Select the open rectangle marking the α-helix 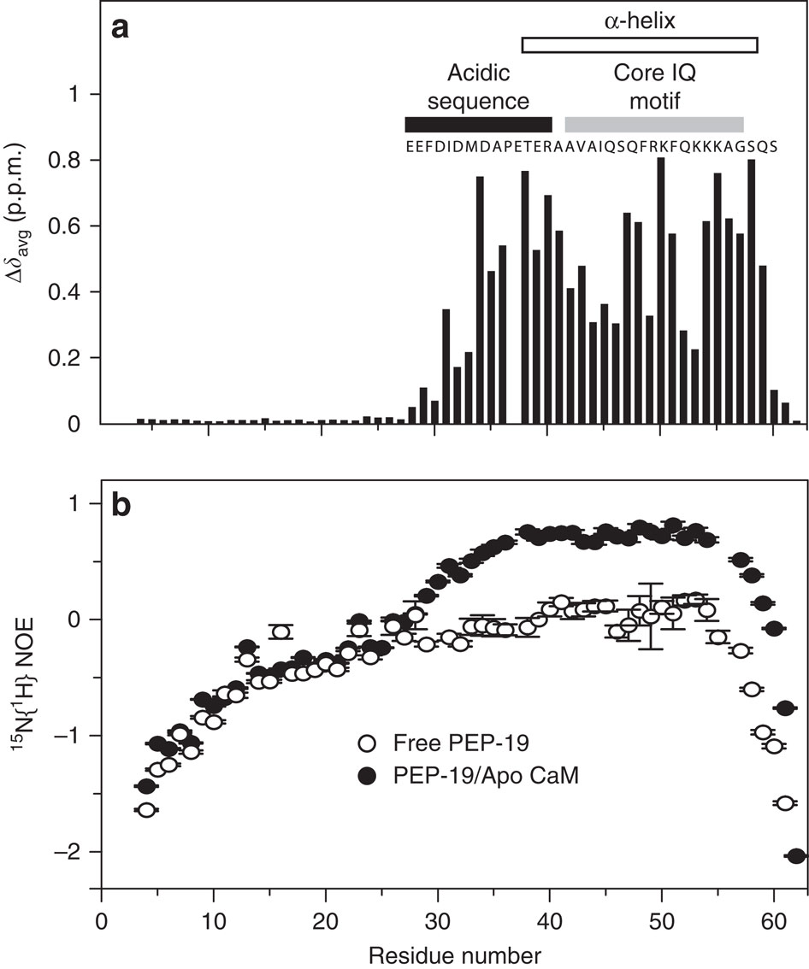point(639,44)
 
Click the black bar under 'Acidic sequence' point(478,124)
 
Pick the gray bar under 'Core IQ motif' point(653,124)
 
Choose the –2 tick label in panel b point(75,852)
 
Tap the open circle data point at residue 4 point(146,810)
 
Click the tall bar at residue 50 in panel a point(660,291)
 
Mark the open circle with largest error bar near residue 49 point(651,616)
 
